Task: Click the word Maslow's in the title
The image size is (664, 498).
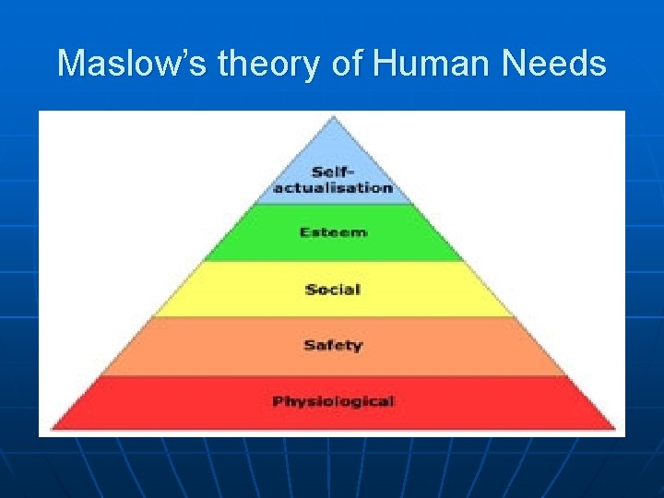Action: tap(128, 64)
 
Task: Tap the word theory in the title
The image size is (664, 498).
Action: tap(266, 64)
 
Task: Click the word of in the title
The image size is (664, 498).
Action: tap(348, 64)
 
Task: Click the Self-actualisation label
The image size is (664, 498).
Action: tap(333, 179)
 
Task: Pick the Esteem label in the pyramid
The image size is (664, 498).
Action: tap(333, 232)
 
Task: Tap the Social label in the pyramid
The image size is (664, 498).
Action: tap(333, 290)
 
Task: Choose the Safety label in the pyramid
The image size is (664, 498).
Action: tap(333, 346)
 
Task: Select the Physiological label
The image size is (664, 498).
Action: tap(333, 401)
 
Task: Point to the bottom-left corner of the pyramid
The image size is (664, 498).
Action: tap(52, 429)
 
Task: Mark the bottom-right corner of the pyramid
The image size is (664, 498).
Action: tap(614, 429)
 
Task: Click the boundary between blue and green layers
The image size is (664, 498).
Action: tap(333, 204)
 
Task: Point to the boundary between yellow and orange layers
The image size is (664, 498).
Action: tap(333, 317)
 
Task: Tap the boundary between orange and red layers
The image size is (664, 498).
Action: tap(333, 374)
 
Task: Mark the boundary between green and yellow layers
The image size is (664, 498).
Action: tap(333, 261)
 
